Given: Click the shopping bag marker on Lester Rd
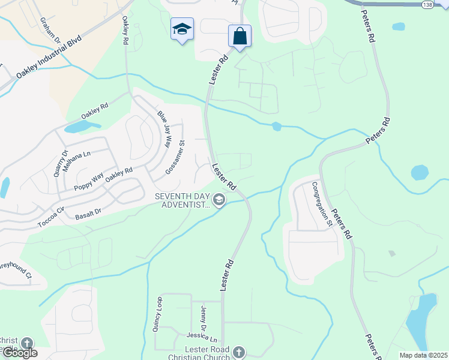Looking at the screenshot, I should [x=240, y=36].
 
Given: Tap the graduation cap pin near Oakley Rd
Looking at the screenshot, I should [x=182, y=29].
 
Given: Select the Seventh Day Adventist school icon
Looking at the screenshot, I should [x=220, y=200].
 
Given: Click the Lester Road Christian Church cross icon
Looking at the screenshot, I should [x=239, y=352].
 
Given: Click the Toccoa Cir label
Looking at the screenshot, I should [x=52, y=211].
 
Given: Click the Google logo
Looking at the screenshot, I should [x=19, y=353].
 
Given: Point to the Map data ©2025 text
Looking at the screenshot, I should [x=423, y=355].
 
